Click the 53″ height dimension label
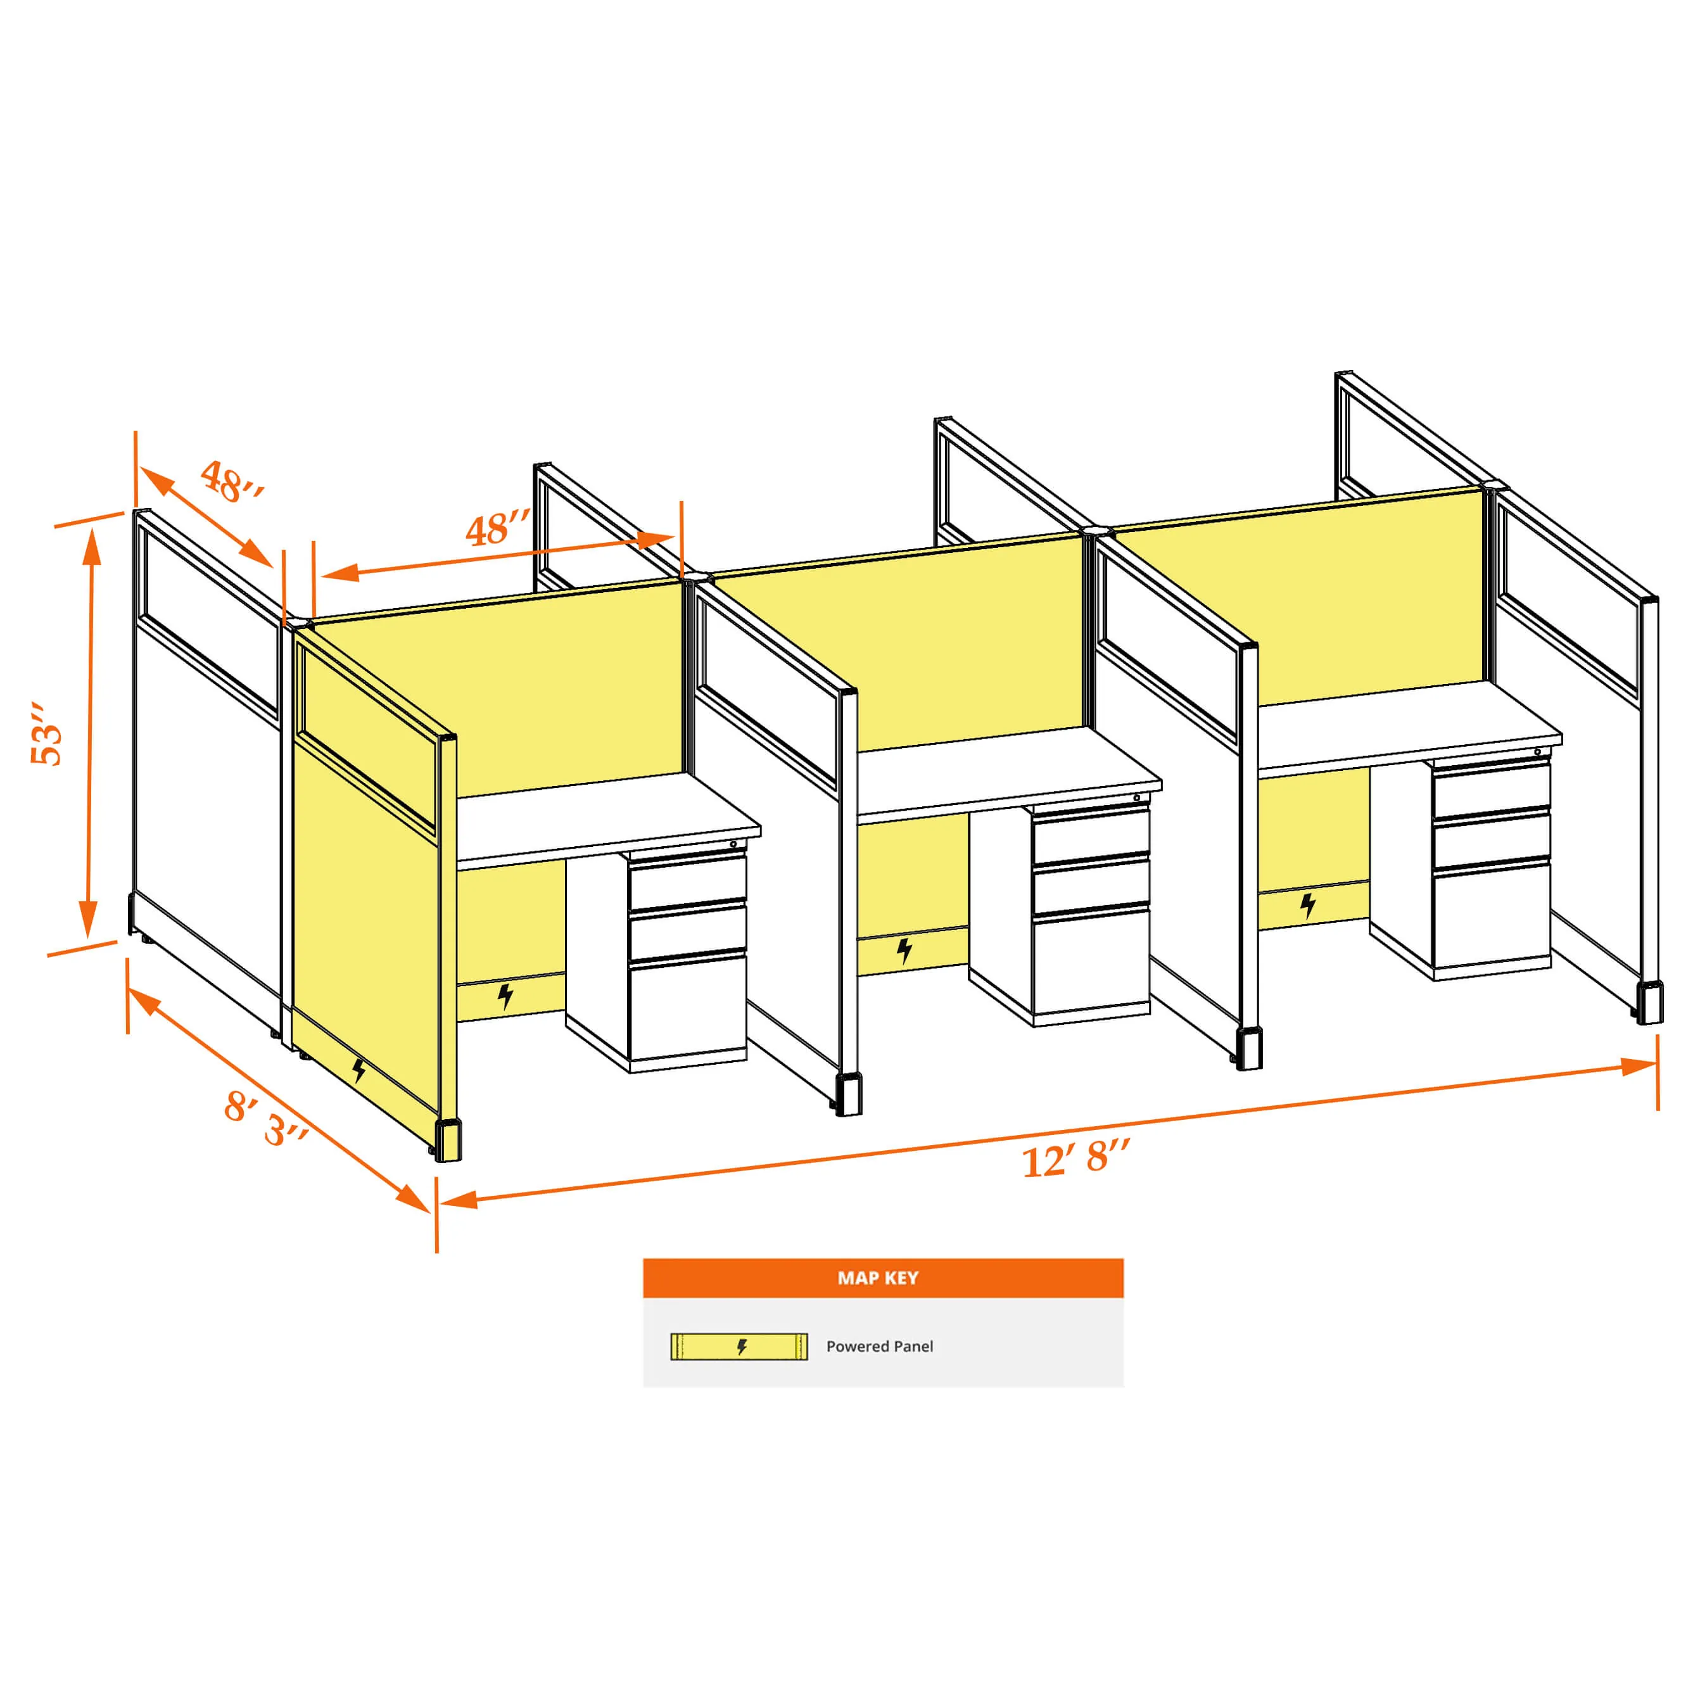(47, 734)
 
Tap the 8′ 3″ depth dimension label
(267, 1119)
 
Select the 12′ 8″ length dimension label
(1075, 1158)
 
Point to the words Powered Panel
(879, 1347)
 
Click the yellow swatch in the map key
(739, 1347)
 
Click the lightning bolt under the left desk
(505, 996)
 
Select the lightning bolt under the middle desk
(904, 950)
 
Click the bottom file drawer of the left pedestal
(688, 1008)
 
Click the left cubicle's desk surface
(607, 815)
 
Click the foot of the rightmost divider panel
(1648, 1004)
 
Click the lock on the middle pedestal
(1137, 798)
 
